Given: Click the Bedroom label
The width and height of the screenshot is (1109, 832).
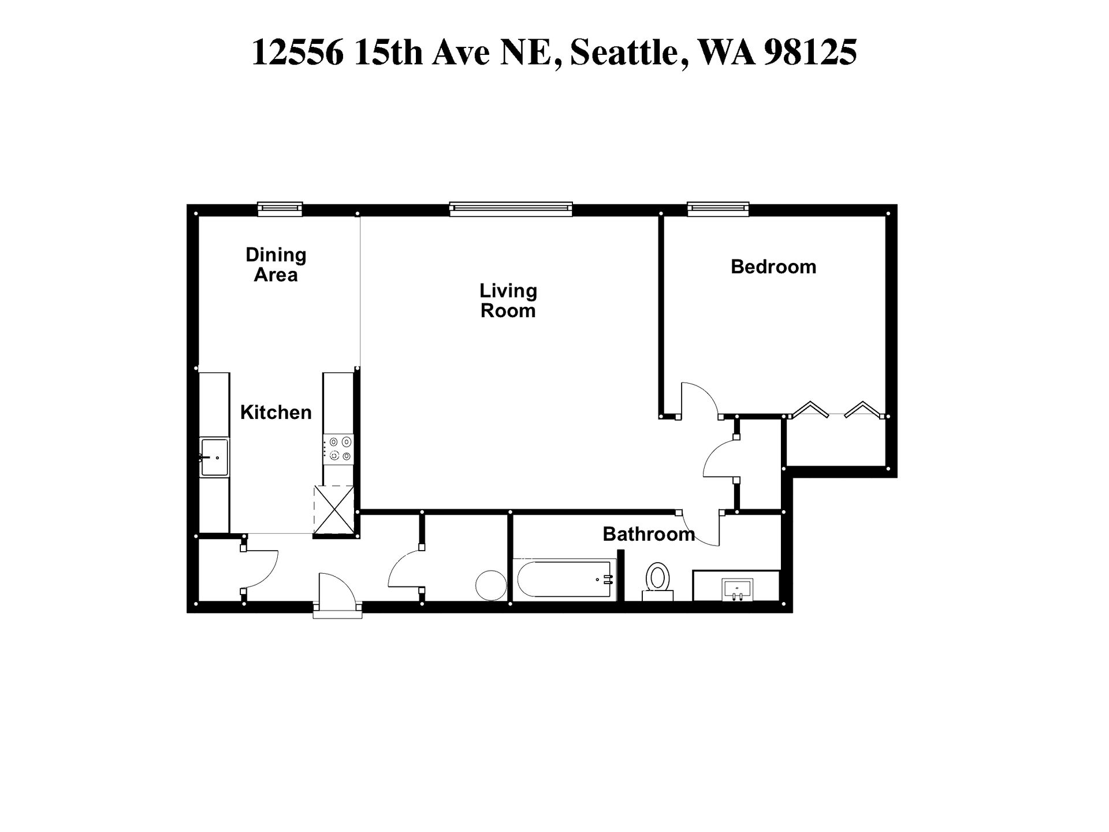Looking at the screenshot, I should pos(773,267).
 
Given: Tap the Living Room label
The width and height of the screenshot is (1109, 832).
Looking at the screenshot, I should pos(508,300).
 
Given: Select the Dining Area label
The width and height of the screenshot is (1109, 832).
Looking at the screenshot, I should pos(276,265).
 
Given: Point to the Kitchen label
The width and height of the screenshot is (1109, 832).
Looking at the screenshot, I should pos(276,413).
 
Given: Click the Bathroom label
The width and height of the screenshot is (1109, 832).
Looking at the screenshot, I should pos(648,534).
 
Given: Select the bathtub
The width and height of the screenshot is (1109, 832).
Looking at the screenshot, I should pos(564,580).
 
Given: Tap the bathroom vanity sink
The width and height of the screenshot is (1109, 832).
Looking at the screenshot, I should pos(737,589).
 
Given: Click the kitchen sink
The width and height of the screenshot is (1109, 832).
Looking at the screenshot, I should pos(214,457).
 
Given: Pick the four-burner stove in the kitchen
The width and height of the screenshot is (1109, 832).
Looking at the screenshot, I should pos(338,449).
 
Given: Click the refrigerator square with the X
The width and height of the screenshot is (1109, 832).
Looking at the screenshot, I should pos(333,510).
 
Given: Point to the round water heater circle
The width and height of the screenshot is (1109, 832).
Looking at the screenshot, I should pos(491,585).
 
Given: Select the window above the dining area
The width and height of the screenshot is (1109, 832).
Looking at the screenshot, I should pos(280,209).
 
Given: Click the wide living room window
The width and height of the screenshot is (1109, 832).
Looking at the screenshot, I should pos(511,209).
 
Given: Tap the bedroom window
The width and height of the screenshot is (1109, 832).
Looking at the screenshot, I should pos(717,209).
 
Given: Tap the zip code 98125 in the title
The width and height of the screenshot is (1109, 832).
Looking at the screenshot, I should pos(810,52).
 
